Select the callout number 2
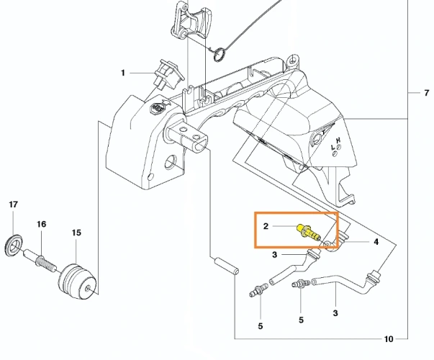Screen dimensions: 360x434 coord(266,226)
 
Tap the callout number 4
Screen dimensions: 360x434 coord(376,242)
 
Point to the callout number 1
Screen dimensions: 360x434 coord(123,73)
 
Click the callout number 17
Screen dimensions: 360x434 coord(12,205)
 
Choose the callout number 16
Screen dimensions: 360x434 coord(42,225)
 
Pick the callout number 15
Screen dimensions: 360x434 coord(76,233)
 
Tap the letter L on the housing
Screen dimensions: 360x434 coord(332,148)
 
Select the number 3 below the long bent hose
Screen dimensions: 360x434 coord(335,313)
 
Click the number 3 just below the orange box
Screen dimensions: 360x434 coord(275,254)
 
